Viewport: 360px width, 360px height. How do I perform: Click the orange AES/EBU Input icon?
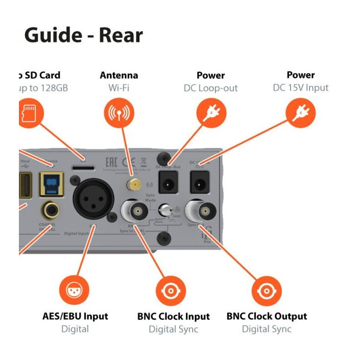[x=75, y=291]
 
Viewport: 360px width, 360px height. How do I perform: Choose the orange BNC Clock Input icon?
[x=171, y=291]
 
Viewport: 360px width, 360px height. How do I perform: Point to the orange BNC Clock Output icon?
[x=267, y=291]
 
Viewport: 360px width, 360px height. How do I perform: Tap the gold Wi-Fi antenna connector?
[x=133, y=184]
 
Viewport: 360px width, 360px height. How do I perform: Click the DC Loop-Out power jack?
[x=168, y=182]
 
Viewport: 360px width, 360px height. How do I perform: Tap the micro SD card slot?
[x=84, y=167]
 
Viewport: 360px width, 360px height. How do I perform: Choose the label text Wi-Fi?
[x=119, y=87]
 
